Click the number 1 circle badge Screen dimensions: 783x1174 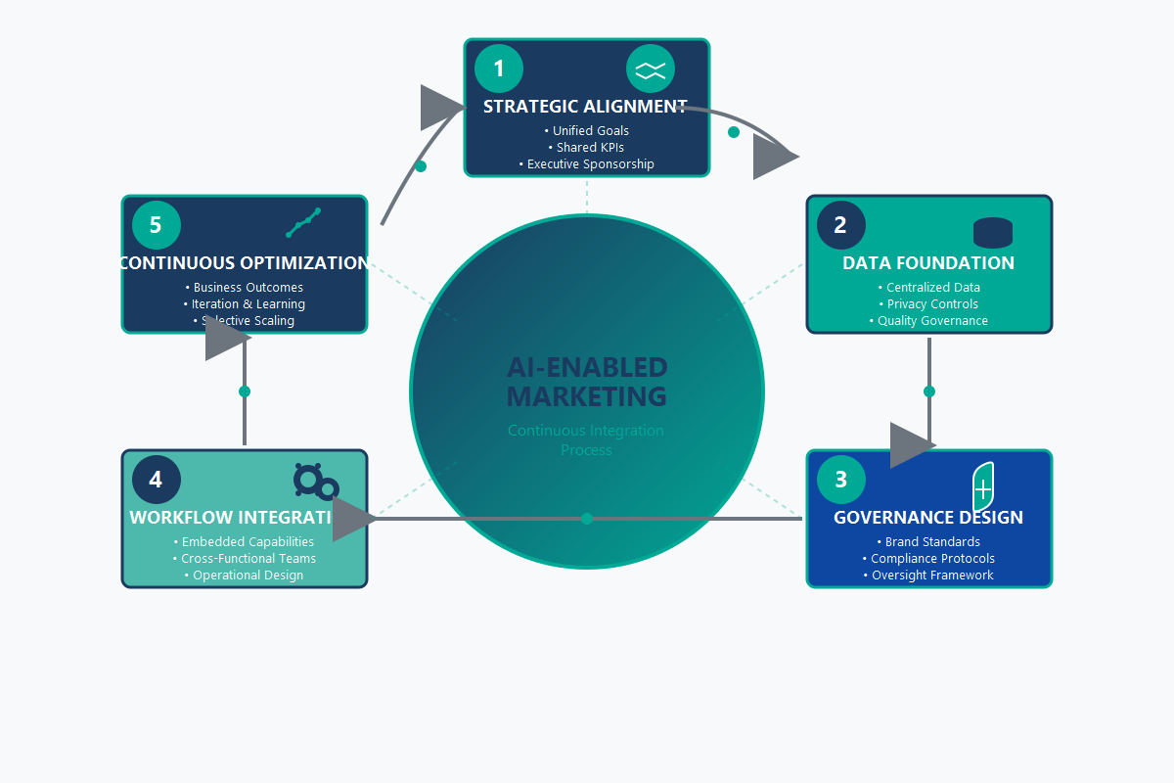499,69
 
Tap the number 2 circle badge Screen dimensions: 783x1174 841,225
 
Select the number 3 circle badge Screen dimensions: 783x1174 841,480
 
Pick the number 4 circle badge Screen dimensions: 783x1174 157,480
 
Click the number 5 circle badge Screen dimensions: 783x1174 157,225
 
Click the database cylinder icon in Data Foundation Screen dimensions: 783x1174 993,232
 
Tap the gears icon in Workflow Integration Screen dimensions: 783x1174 315,483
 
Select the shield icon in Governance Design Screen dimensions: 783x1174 983,486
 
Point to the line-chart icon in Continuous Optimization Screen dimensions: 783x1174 303,223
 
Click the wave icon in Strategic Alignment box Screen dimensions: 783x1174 651,69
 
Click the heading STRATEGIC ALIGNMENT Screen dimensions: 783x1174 585,107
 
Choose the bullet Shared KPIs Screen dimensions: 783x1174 587,148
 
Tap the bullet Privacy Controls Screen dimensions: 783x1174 929,304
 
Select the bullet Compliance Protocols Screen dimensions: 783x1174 929,559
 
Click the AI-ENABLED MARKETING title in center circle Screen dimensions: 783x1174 587,382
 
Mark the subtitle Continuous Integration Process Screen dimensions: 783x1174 587,440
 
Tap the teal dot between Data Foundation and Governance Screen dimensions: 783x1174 929,391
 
